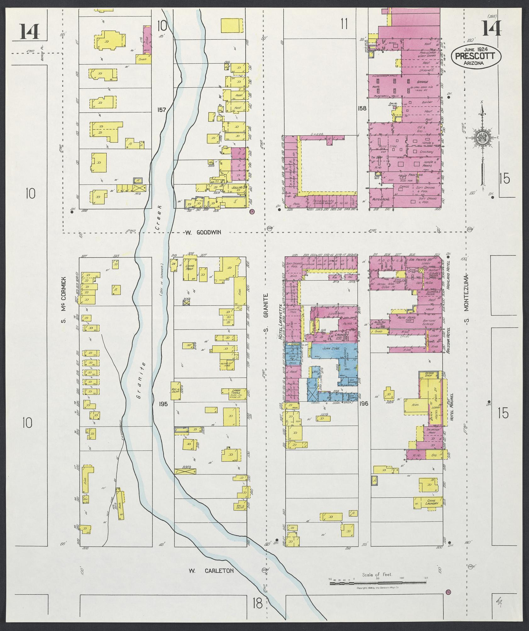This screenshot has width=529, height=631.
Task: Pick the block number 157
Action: pos(162,109)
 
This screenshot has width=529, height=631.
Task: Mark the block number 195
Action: pos(164,404)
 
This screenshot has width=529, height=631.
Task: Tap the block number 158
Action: pos(362,108)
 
